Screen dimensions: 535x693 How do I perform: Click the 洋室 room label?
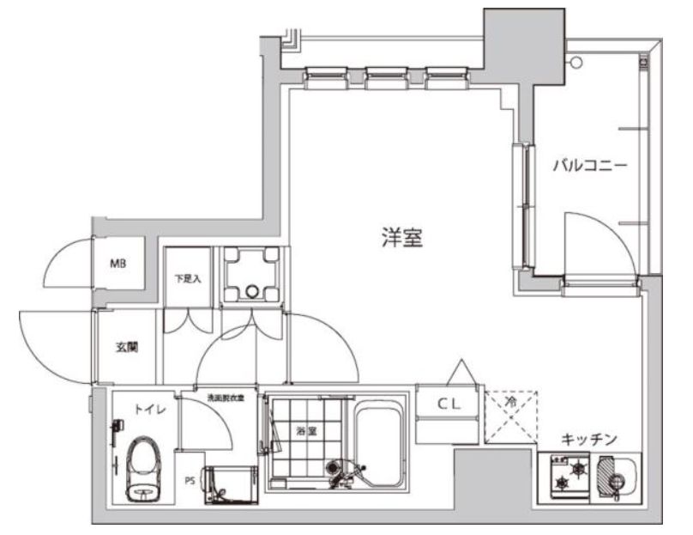tap(401, 239)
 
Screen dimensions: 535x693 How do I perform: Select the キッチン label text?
tap(588, 440)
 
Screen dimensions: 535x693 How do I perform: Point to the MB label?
tap(118, 264)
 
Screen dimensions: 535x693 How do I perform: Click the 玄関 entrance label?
tap(127, 349)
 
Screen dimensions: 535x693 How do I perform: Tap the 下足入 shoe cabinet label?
tap(186, 278)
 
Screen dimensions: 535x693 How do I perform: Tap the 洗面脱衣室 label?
tap(226, 398)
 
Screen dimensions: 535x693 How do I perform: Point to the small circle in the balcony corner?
tap(576, 62)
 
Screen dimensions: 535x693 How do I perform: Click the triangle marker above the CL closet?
tap(463, 372)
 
